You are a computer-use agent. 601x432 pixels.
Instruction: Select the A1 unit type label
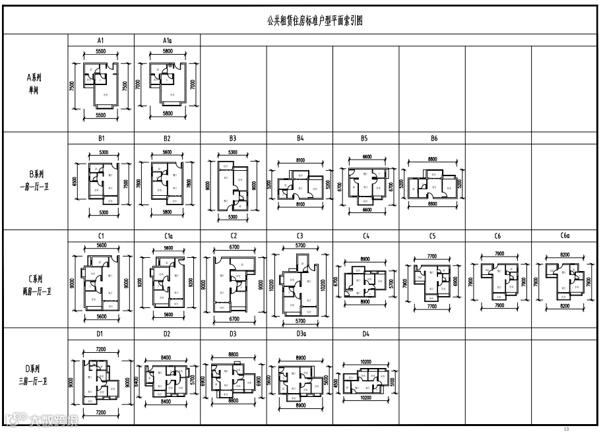(x=101, y=40)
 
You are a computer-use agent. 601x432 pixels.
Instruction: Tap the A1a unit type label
(x=167, y=40)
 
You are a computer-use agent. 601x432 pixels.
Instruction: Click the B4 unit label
(x=300, y=139)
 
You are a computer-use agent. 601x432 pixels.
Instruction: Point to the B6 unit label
(x=433, y=139)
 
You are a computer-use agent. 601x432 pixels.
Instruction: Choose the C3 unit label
(x=300, y=236)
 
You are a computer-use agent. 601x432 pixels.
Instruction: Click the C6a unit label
(x=565, y=236)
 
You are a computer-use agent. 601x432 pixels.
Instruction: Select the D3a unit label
(x=300, y=334)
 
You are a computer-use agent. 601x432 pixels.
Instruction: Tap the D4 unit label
(x=365, y=334)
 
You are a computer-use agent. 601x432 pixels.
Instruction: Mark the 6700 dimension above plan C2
(x=233, y=247)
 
